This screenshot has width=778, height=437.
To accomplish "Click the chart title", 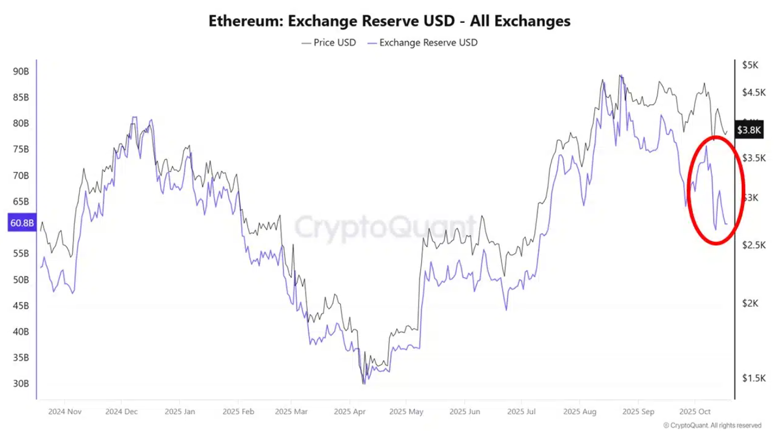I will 389,21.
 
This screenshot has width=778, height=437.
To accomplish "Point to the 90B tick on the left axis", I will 21,71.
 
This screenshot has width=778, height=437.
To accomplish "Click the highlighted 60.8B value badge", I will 21,223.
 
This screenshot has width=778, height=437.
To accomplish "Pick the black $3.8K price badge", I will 749,130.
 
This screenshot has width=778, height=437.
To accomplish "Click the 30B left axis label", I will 21,384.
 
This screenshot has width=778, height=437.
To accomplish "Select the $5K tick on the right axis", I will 750,65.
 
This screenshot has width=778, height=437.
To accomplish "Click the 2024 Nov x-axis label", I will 65,412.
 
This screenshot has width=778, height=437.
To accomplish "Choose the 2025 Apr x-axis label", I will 349,412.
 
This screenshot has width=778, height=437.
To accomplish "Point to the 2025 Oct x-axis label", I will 695,412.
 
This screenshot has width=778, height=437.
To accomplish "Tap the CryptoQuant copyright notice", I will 712,425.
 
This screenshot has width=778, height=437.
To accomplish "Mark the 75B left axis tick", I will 21,149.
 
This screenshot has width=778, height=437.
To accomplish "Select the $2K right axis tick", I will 750,303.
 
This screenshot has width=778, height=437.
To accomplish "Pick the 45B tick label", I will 21,306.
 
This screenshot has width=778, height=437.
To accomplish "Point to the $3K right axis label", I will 750,198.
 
